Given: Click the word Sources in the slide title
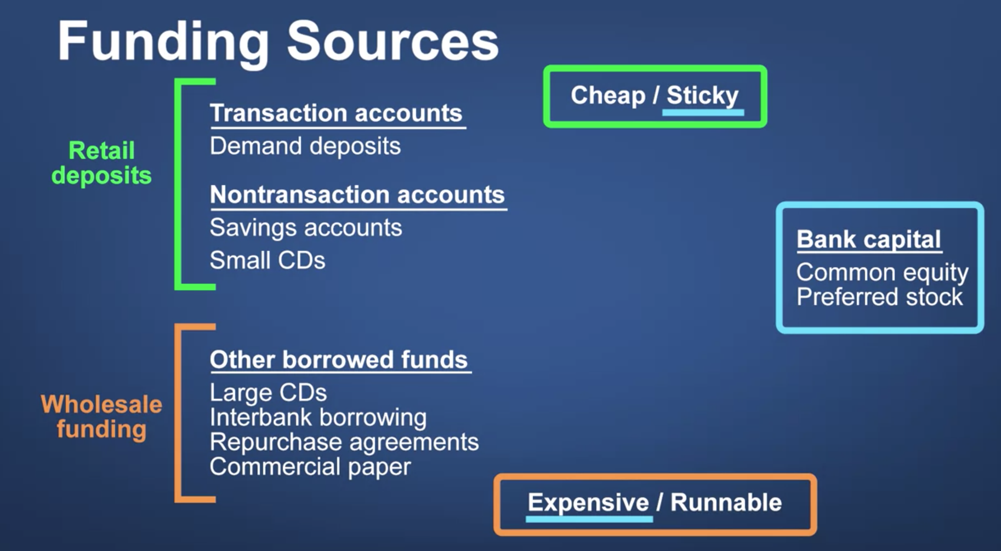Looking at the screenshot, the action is click(x=393, y=41).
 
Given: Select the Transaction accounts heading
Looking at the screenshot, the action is click(x=336, y=113).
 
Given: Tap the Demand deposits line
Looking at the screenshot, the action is click(x=305, y=147).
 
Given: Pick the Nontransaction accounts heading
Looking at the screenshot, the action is click(x=357, y=195).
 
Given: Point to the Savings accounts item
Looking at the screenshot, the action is click(x=306, y=228).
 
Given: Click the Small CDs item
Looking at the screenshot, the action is click(x=268, y=261).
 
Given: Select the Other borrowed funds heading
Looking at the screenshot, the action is click(x=339, y=360).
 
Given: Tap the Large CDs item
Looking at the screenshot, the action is click(x=268, y=393).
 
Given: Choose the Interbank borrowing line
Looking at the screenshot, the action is click(x=318, y=418).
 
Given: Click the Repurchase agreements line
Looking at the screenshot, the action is click(x=344, y=443).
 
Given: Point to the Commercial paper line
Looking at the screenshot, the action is click(x=310, y=467).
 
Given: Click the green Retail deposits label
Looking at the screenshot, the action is click(x=101, y=163).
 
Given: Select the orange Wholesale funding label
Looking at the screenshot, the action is click(x=101, y=417).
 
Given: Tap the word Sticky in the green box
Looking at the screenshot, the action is click(x=703, y=96).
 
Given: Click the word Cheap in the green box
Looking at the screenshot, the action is click(x=608, y=96).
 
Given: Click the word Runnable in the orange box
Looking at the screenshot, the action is click(x=726, y=502).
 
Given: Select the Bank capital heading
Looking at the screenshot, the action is click(x=869, y=239).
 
